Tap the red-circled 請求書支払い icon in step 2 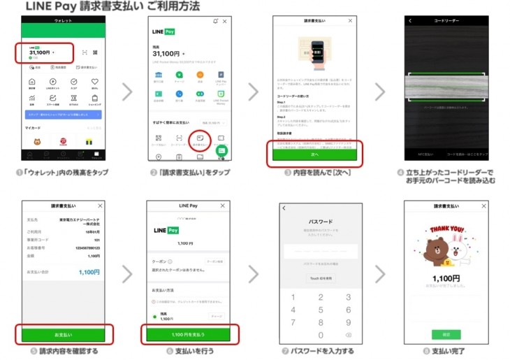(200, 138)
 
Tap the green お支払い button (62, 335)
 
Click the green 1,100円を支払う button (188, 335)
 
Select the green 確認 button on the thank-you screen (436, 334)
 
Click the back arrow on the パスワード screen (284, 208)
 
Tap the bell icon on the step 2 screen (215, 22)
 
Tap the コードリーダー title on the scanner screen (445, 21)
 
